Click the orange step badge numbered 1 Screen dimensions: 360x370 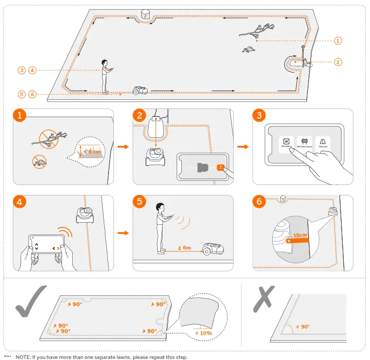coord(20,116)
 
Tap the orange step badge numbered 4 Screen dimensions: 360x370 coord(20,202)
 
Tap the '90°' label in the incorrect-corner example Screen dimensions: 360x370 coord(303,326)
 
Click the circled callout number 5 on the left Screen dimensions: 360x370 coord(21,94)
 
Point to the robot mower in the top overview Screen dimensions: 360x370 coord(140,90)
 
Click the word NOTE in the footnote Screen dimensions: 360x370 coord(23,356)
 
